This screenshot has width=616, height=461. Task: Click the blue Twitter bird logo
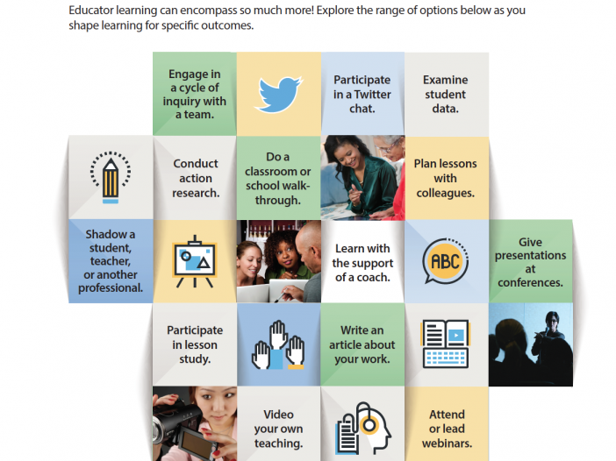click(x=278, y=94)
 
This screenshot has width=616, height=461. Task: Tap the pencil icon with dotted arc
click(x=111, y=177)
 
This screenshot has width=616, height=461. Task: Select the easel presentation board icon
click(x=195, y=261)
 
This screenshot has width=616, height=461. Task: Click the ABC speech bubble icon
click(x=446, y=261)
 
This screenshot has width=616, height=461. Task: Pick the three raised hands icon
click(x=278, y=344)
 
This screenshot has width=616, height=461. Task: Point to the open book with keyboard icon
click(x=446, y=344)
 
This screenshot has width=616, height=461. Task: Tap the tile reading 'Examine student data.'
click(x=447, y=94)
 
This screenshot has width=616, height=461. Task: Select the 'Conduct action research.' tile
click(x=195, y=178)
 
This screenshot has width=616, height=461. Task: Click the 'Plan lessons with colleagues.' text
click(x=446, y=178)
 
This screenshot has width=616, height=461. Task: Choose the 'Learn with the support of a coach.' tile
click(x=362, y=262)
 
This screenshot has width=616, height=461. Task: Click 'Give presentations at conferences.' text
click(x=530, y=262)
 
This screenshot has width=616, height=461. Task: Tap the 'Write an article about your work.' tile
click(x=362, y=344)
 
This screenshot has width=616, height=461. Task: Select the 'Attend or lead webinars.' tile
click(x=447, y=423)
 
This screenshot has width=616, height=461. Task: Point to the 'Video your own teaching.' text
click(x=278, y=429)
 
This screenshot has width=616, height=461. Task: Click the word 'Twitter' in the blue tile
click(x=372, y=95)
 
